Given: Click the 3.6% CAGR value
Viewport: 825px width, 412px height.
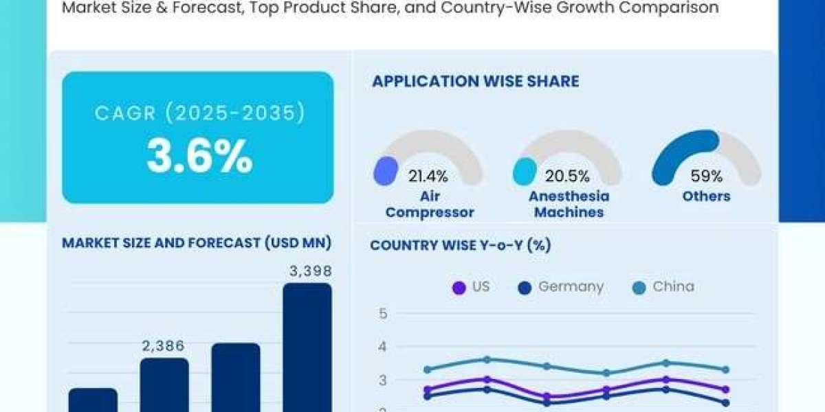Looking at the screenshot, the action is pos(199,156).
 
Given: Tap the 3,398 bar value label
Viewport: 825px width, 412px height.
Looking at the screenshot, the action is pos(311,271).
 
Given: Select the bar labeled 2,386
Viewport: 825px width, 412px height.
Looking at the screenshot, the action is pos(164,385).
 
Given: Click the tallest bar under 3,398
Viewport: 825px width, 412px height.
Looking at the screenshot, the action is pos(307,347).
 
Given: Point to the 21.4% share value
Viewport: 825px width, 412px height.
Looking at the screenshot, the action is pos(428,176).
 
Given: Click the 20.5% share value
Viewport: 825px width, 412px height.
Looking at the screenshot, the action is pos(567,176).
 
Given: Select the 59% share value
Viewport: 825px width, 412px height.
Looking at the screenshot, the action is pos(706,176).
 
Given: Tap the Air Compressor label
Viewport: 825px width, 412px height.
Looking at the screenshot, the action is pos(430,204).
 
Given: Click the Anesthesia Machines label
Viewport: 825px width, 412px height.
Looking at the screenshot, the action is pos(569,204).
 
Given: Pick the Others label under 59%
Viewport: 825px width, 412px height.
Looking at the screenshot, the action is pos(706,196).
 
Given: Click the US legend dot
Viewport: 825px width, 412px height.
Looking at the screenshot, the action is pos(459,288).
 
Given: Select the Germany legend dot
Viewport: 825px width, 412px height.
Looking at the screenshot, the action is pos(525,288).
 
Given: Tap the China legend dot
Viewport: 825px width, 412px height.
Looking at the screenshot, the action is pos(639,288).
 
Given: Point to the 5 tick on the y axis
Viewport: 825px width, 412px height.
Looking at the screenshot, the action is pos(383,314).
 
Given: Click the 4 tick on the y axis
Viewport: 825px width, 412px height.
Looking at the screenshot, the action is pos(383,347).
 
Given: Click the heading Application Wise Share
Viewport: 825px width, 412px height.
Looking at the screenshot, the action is pos(476,81).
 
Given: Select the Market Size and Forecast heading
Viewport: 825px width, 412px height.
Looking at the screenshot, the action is pos(197,243).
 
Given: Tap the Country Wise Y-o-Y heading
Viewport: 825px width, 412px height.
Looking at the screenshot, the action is pos(461,245).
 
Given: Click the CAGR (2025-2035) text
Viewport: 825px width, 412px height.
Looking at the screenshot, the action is pos(199,113).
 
